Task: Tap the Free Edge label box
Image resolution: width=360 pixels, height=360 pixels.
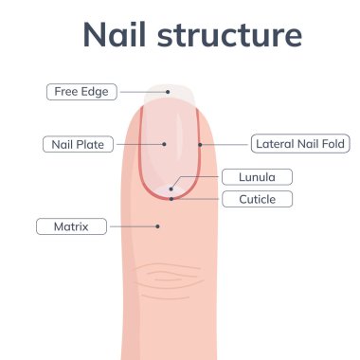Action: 81,92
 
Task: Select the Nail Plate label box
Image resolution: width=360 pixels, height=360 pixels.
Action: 79,145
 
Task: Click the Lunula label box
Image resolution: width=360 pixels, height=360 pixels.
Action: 256,177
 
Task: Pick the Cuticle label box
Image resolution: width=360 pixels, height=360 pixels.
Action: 256,199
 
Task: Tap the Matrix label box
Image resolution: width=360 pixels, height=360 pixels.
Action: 71,227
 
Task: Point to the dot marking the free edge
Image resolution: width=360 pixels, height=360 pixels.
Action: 168,92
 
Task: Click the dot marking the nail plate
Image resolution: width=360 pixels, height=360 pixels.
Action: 165,145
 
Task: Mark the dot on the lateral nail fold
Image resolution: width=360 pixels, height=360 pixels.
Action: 200,145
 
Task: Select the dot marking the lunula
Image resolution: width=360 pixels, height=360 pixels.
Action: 171,189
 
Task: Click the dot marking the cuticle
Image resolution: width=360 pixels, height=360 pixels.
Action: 171,199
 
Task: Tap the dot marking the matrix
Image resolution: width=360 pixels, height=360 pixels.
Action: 158,226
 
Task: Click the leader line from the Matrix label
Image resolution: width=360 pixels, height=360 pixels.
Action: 133,227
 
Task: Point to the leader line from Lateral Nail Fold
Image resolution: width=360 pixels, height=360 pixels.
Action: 225,145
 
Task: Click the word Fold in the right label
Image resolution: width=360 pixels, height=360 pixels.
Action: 333,145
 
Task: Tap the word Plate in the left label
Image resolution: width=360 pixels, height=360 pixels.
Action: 93,145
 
